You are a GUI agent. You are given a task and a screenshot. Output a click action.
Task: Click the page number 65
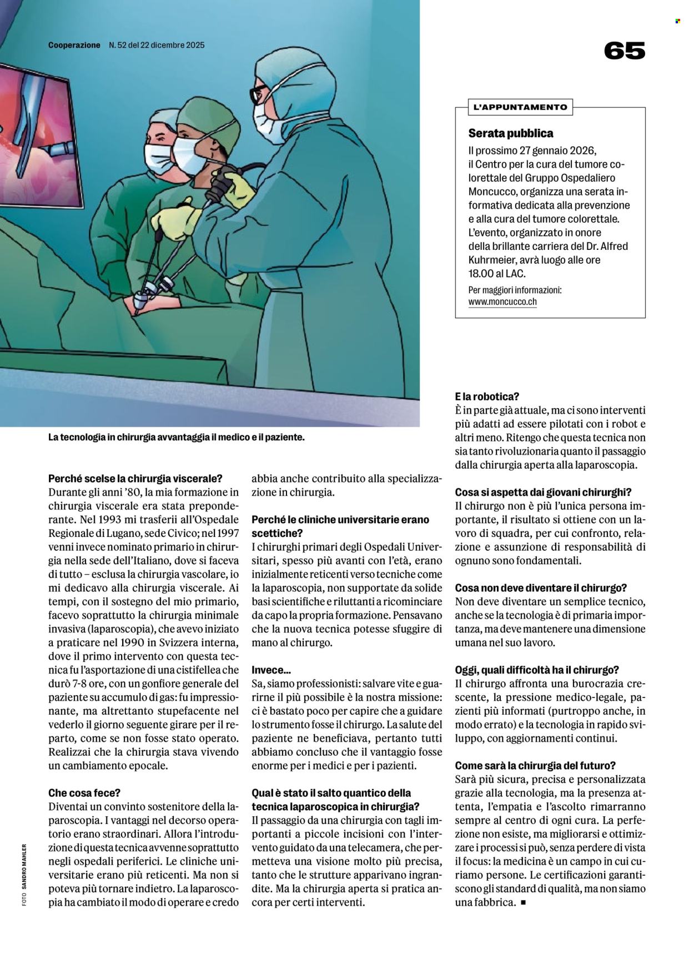tap(624, 51)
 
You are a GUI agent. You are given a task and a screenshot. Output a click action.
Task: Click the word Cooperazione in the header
tap(74, 45)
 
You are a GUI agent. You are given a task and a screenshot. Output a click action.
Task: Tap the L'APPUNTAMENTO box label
tap(520, 107)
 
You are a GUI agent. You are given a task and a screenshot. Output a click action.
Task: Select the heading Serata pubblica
tap(510, 133)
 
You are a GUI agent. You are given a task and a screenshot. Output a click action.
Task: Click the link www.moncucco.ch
tap(502, 302)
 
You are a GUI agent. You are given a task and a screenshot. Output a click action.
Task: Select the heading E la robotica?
tap(486, 396)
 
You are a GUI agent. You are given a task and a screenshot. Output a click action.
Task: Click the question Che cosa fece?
tap(84, 793)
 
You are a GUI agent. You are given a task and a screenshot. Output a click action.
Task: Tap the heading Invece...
tap(271, 670)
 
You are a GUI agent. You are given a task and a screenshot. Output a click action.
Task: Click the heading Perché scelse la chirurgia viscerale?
tap(135, 478)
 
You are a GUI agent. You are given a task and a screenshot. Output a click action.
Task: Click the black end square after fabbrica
tap(522, 902)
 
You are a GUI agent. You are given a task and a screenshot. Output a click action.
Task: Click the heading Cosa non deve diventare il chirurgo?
tap(540, 588)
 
